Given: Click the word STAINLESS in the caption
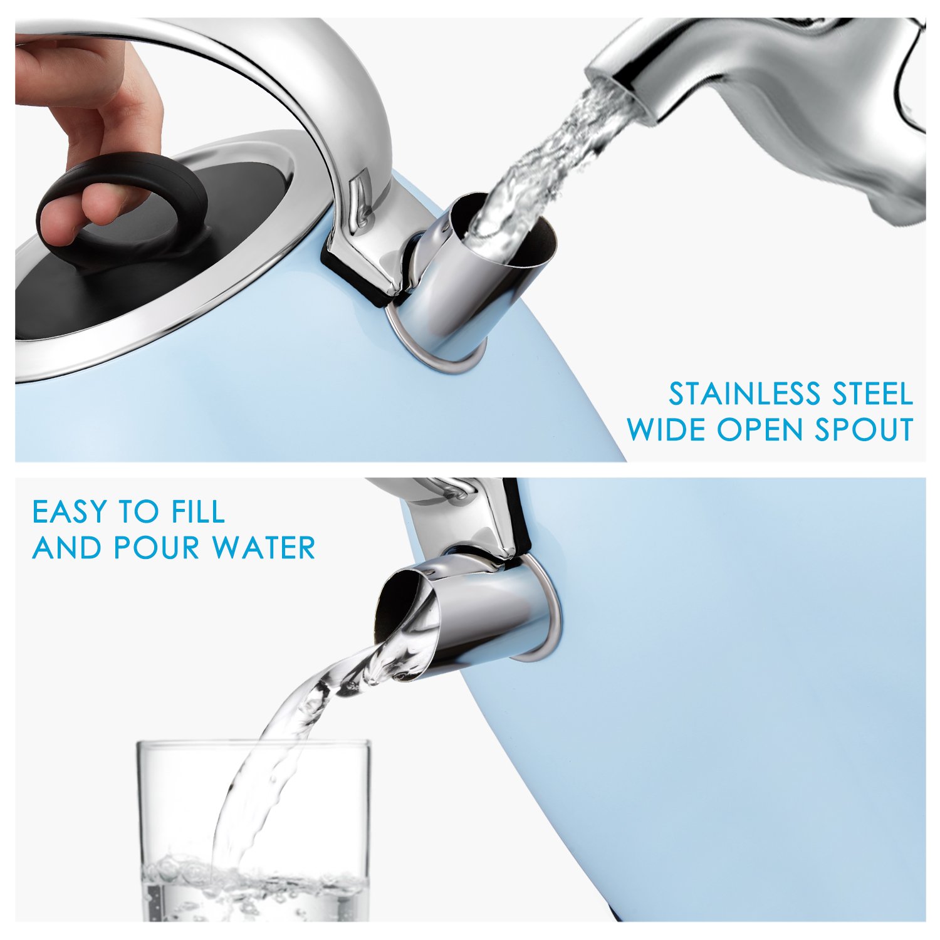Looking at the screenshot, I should point(745,394).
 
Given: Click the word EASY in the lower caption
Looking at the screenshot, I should point(70,511).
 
